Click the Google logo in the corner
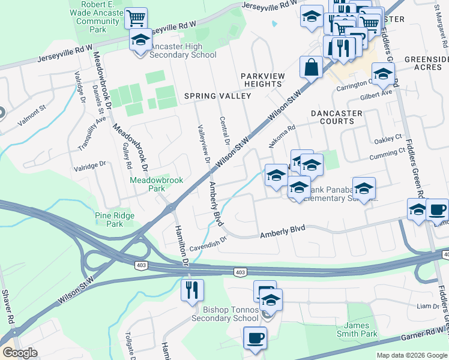tap(20, 353)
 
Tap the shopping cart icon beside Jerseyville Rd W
tap(137, 18)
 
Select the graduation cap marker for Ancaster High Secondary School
tap(141, 41)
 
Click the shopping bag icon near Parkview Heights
tap(312, 67)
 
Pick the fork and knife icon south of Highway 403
tap(192, 290)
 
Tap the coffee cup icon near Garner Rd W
tap(255, 337)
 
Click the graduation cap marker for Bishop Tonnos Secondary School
tap(271, 300)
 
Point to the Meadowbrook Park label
tap(148, 184)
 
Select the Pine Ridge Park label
tap(109, 220)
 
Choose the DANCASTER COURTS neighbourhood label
tap(337, 117)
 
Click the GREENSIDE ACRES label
tap(426, 64)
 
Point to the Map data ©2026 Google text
tap(412, 355)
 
